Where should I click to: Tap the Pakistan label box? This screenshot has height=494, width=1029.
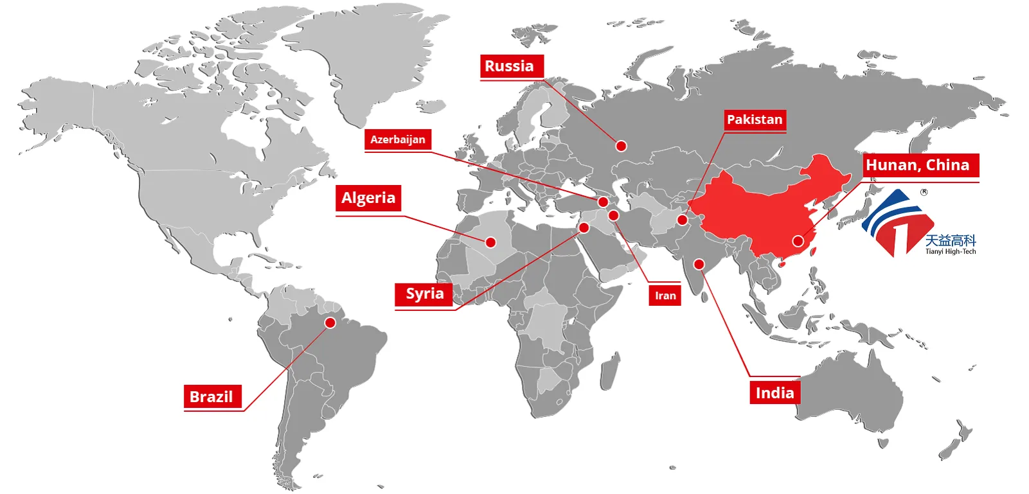click(x=755, y=119)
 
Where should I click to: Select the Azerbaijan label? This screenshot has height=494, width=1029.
click(x=397, y=139)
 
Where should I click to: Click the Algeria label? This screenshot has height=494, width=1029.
click(x=368, y=198)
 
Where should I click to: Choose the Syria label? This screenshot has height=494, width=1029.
click(x=424, y=294)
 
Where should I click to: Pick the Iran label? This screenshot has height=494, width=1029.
click(x=665, y=296)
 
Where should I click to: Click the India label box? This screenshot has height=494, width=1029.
click(x=774, y=393)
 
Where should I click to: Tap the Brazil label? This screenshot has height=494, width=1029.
click(x=211, y=396)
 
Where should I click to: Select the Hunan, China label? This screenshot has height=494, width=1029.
click(x=918, y=165)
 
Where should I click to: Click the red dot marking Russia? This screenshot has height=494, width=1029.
click(x=621, y=146)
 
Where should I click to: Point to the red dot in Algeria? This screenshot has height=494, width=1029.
click(x=490, y=242)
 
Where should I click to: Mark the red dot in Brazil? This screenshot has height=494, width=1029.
click(x=330, y=322)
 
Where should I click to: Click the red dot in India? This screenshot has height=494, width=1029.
click(x=699, y=264)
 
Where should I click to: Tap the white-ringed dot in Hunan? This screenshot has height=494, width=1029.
click(x=798, y=241)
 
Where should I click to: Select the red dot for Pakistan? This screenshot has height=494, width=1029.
click(x=682, y=220)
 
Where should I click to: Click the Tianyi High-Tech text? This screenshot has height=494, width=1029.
click(x=950, y=252)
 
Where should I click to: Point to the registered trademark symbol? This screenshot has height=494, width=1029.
click(x=924, y=191)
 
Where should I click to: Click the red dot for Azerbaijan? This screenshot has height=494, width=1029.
click(x=603, y=202)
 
